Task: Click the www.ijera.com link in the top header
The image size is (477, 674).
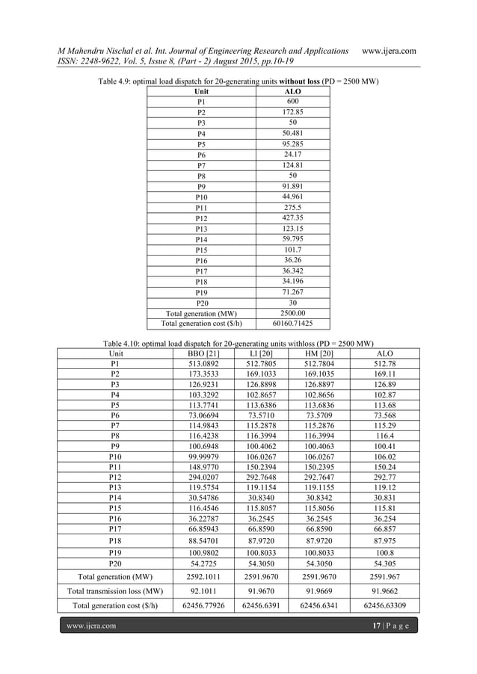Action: point(389,50)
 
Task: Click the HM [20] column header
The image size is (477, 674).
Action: point(324,353)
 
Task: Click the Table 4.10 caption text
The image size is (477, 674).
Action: point(238,342)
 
